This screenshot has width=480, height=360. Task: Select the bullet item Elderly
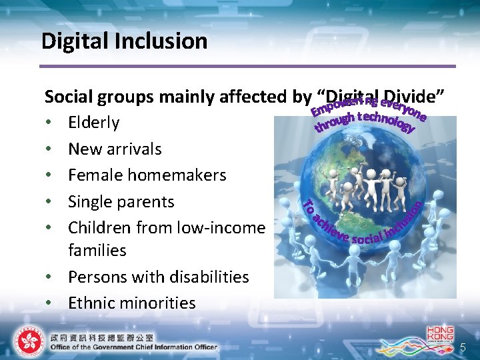coord(94,123)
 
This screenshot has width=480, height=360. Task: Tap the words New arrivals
coord(115,149)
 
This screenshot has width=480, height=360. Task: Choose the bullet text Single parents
coord(121,201)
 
